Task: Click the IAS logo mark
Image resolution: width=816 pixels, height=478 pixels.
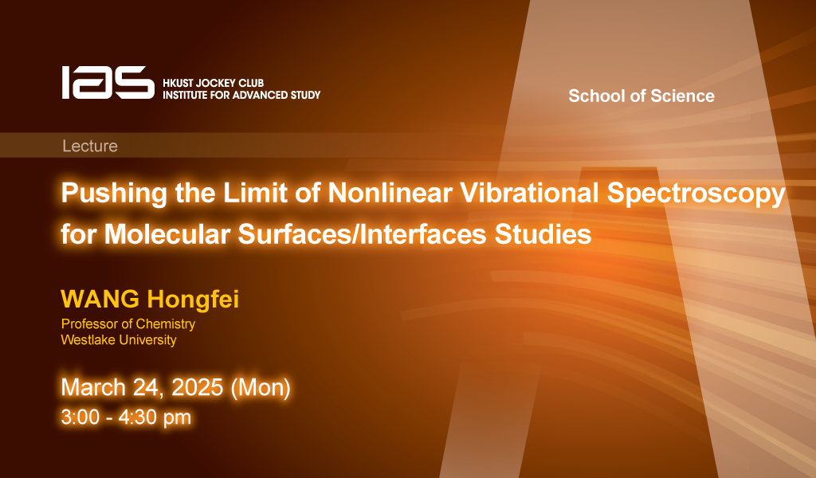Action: point(108,82)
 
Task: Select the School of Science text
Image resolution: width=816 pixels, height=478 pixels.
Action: point(641,96)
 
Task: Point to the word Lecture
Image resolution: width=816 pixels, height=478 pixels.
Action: point(90,146)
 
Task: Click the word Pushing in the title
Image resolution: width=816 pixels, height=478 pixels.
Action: point(114,194)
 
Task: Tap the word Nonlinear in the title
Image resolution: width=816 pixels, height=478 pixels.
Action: point(390,193)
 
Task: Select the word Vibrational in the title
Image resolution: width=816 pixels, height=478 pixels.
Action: point(529,193)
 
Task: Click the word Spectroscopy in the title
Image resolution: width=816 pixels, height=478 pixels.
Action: point(696,194)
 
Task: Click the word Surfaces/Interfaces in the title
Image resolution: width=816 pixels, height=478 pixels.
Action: point(363,234)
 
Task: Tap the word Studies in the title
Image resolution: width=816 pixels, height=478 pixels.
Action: point(543,234)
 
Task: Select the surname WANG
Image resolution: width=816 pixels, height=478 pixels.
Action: point(100,299)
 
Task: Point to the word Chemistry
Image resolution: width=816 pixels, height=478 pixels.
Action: point(165,324)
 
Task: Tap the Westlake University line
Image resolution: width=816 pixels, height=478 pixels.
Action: point(119,339)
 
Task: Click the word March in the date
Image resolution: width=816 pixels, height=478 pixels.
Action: point(93,387)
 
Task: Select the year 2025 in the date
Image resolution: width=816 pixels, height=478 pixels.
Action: point(198,387)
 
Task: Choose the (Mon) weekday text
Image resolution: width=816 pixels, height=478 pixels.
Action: point(261,388)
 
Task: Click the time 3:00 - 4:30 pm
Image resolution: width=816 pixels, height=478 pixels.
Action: point(126,417)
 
